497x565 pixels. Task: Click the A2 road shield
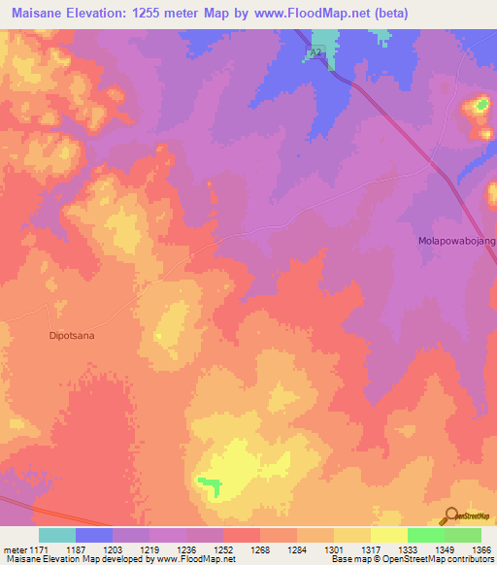pos(315,55)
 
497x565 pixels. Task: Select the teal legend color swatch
pos(56,535)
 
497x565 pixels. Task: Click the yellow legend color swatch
pos(388,535)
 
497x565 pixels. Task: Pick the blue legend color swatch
pos(93,535)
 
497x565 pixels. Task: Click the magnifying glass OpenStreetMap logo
pos(450,516)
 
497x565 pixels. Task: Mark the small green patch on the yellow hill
pos(208,481)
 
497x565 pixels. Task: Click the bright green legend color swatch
pos(425,535)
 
